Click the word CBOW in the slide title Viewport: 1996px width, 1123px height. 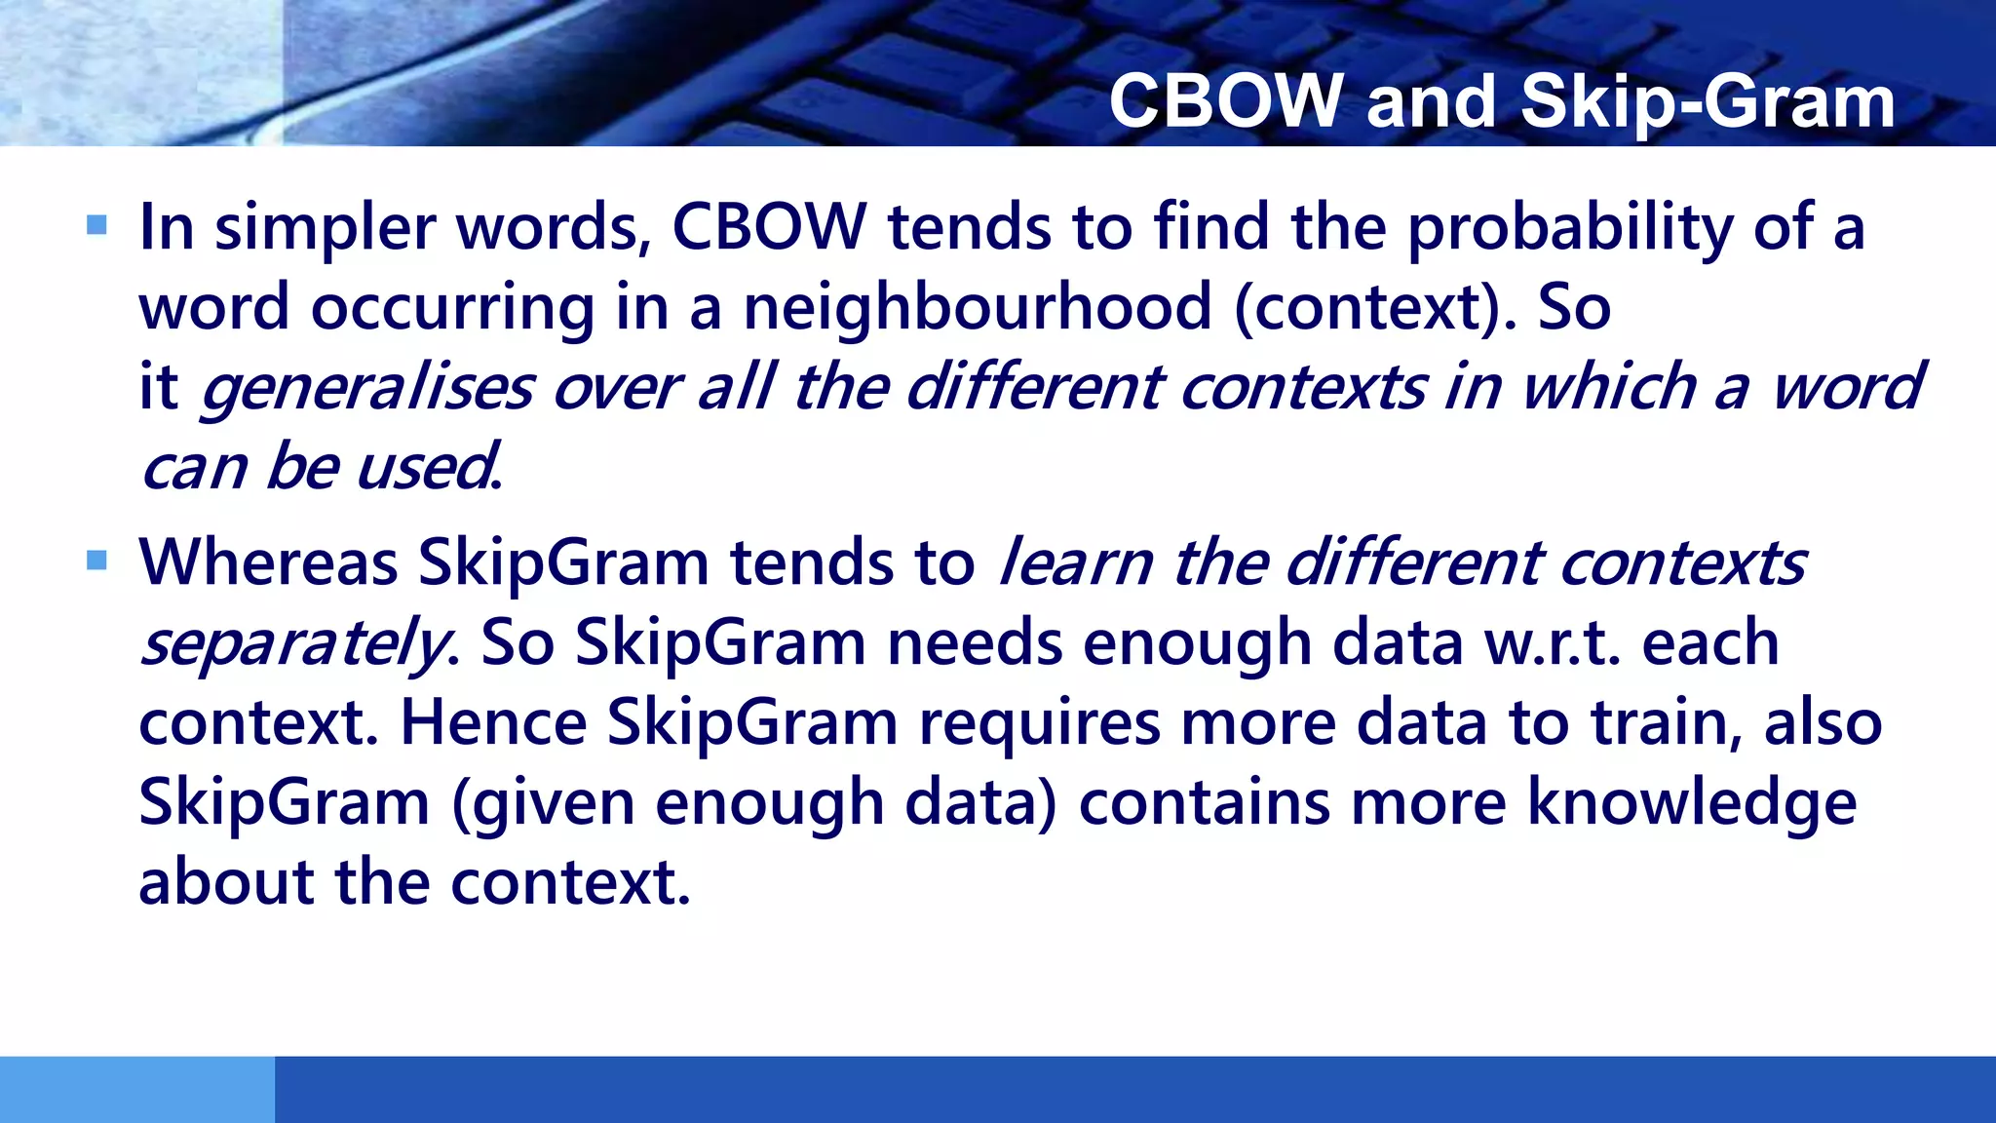[x=1225, y=101]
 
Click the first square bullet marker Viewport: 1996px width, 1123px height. [x=96, y=226]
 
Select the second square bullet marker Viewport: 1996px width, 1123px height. [x=96, y=561]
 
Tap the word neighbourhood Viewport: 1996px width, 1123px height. [x=978, y=308]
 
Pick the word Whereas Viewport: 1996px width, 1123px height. [x=269, y=563]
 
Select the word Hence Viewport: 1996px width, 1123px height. [x=493, y=723]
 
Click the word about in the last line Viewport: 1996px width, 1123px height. [x=226, y=883]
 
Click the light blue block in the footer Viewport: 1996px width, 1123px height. [x=136, y=1089]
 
